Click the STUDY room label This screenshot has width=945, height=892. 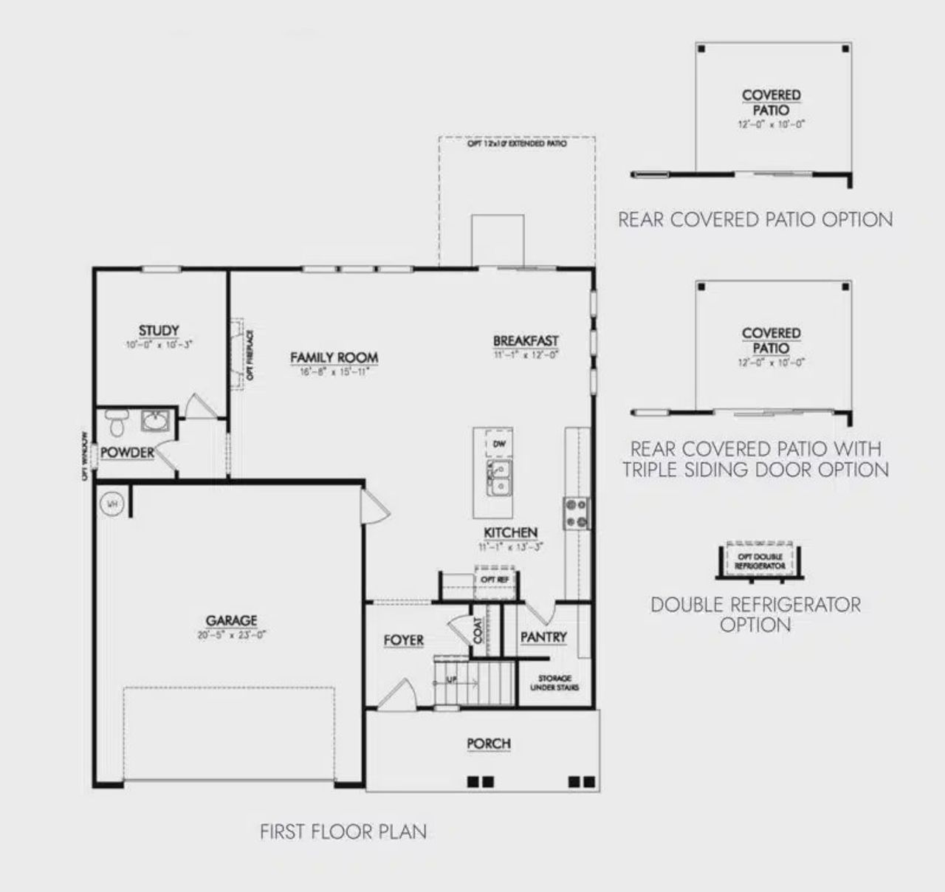click(x=159, y=331)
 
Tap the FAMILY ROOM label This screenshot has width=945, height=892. click(x=334, y=358)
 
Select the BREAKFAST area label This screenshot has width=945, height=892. click(x=526, y=341)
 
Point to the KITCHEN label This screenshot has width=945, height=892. click(x=510, y=532)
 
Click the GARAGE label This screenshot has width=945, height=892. click(x=231, y=621)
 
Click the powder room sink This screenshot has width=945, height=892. click(x=156, y=422)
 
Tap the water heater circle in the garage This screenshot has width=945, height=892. click(x=112, y=504)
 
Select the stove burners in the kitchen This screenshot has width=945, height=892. click(x=576, y=513)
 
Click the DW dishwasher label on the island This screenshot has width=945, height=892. click(x=498, y=445)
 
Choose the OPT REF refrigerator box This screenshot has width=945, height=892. click(x=495, y=579)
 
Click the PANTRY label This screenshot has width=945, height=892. click(x=543, y=637)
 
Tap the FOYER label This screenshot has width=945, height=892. click(x=403, y=640)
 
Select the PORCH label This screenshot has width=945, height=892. click(x=488, y=744)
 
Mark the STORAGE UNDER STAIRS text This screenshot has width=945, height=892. click(x=554, y=683)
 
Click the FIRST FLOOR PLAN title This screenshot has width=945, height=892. click(x=343, y=831)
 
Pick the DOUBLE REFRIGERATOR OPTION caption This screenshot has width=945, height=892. click(x=755, y=614)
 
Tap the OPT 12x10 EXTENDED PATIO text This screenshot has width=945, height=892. click(x=517, y=145)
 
